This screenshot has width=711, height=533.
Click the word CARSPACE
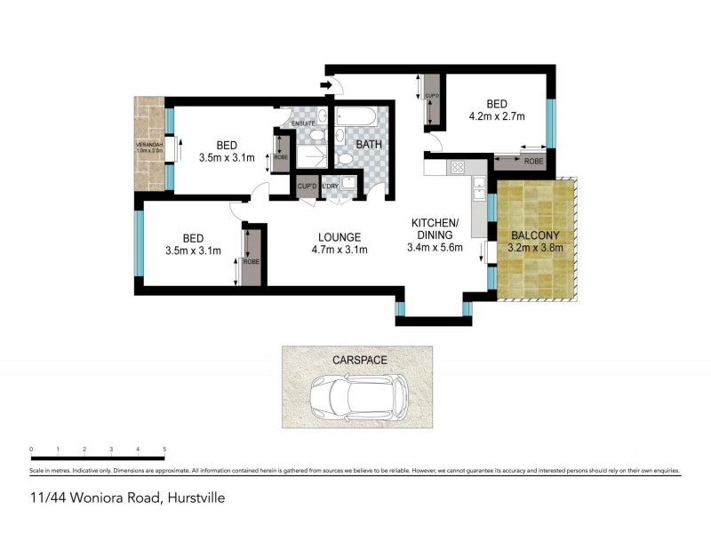[357, 361]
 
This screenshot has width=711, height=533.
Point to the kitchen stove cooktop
[459, 166]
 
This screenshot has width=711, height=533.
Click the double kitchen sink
[478, 187]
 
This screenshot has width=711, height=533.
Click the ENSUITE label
[305, 123]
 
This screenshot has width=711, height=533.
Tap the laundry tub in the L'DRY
[348, 184]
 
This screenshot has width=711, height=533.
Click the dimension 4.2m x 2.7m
[497, 115]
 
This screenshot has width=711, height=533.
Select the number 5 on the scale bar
[164, 449]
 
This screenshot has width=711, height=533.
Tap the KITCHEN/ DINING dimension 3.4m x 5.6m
[434, 248]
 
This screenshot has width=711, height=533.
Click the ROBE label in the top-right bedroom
[533, 163]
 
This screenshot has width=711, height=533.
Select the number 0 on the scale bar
[31, 449]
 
